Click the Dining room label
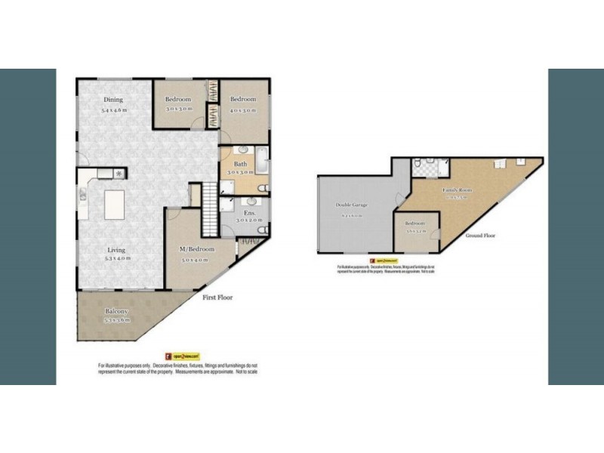[x=112, y=100]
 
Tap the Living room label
[x=116, y=249]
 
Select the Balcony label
[x=116, y=311]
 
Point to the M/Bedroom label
[x=196, y=249]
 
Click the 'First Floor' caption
[x=217, y=297]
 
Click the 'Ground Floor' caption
[x=479, y=236]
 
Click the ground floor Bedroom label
[x=415, y=223]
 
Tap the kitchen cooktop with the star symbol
[x=119, y=173]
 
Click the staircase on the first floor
[x=209, y=210]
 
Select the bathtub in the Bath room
[x=260, y=161]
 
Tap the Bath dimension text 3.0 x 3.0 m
[x=242, y=172]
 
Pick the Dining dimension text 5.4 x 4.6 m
[x=112, y=109]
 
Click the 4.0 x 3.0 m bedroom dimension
[x=243, y=109]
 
